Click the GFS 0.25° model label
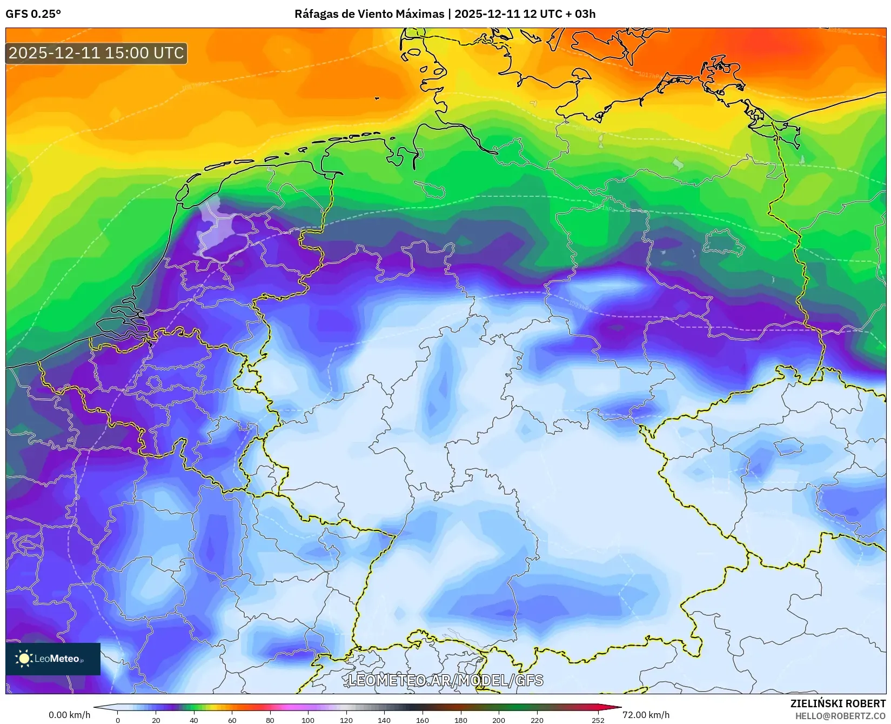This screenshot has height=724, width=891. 33,14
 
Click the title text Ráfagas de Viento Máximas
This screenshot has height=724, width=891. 369,14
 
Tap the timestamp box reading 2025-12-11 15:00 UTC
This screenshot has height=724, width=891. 96,53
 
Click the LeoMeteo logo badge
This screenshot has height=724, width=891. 53,659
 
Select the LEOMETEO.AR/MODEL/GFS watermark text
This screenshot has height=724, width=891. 445,680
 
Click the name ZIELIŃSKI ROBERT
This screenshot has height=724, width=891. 838,703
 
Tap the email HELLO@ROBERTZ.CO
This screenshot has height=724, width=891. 840,715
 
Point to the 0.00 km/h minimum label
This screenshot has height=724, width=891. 69,715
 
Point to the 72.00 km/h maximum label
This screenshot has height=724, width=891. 646,715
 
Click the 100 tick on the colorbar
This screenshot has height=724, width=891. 308,720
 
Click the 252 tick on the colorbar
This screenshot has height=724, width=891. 598,720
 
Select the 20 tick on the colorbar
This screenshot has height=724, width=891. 156,720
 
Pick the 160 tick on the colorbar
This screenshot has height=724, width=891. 423,720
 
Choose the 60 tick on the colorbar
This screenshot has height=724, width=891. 232,720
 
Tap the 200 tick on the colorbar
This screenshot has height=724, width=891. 499,720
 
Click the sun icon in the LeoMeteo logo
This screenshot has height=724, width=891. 24,659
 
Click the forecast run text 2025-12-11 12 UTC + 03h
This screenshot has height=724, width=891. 525,14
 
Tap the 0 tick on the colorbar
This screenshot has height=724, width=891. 118,720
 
